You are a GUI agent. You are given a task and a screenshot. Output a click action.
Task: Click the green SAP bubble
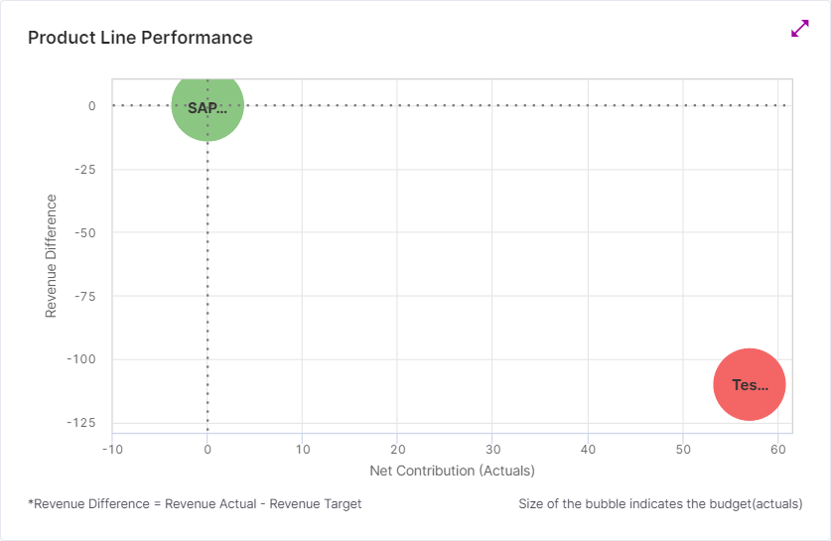pyautogui.click(x=208, y=106)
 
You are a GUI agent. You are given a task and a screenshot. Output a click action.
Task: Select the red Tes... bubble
pyautogui.click(x=750, y=385)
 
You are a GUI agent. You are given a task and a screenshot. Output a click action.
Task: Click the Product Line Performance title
pyautogui.click(x=140, y=38)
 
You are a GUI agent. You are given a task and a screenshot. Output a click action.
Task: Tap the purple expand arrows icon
pyautogui.click(x=800, y=29)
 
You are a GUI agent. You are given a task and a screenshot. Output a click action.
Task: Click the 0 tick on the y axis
pyautogui.click(x=91, y=106)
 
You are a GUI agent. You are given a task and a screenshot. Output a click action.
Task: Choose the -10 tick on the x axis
pyautogui.click(x=112, y=450)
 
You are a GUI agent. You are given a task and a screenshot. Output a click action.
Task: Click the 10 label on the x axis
pyautogui.click(x=303, y=450)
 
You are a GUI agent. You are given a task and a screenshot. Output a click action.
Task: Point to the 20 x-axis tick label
pyautogui.click(x=397, y=450)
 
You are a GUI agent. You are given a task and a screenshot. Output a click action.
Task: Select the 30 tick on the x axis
pyautogui.click(x=492, y=450)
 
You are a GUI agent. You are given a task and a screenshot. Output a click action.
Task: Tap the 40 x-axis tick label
pyautogui.click(x=588, y=450)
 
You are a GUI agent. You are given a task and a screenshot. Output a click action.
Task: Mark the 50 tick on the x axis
pyautogui.click(x=683, y=450)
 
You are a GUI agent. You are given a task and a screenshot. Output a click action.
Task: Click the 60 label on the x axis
pyautogui.click(x=778, y=450)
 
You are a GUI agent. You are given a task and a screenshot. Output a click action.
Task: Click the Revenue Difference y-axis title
pyautogui.click(x=51, y=256)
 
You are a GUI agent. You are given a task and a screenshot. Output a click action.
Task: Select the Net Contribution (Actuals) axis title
pyautogui.click(x=452, y=470)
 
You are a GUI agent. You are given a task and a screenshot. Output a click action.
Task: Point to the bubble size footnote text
pyautogui.click(x=660, y=504)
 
